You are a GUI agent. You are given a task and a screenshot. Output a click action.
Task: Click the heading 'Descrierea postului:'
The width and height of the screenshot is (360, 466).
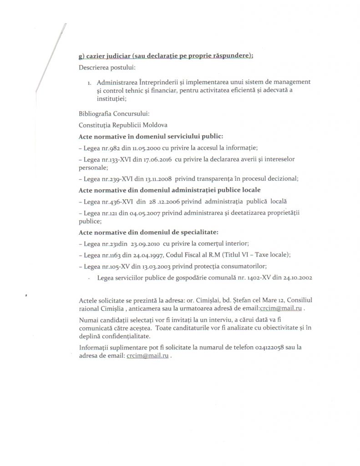[104, 68]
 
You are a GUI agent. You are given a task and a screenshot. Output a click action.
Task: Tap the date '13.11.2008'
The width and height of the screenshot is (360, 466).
[156, 178]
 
